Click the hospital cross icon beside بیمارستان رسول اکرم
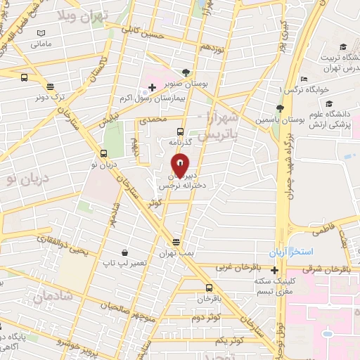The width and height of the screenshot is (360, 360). pos(152,87)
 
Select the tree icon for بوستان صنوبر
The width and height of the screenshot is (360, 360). pos(186,72)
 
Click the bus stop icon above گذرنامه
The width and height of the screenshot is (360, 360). pos(181,131)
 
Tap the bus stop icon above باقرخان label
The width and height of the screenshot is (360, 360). pos(209,287)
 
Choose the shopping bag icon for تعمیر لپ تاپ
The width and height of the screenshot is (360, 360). pos(124,252)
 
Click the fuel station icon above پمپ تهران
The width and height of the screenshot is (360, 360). pos(176,241)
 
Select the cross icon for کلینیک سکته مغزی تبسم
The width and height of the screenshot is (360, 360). pos(275,270)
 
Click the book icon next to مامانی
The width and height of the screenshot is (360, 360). pos(41,33)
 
